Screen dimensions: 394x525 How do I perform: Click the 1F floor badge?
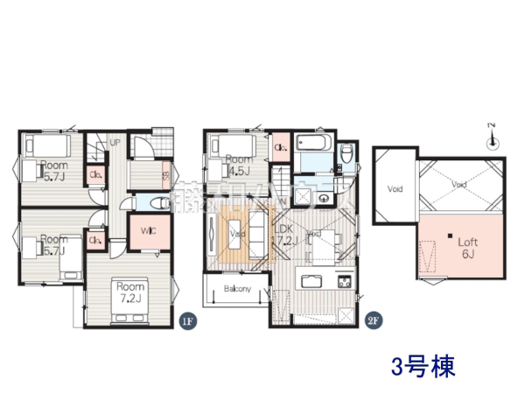pos(186,321)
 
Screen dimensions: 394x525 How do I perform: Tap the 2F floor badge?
pos(372,320)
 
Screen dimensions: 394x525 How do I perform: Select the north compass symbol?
pos(493,137)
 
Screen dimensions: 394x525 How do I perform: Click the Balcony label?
pos(237,289)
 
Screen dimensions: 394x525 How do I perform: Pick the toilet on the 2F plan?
pos(346,155)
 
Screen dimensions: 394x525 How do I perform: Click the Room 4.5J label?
pos(238,165)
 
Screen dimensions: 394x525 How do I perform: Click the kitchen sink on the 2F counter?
pos(311,282)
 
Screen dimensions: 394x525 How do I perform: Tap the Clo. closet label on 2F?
pos(282,148)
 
